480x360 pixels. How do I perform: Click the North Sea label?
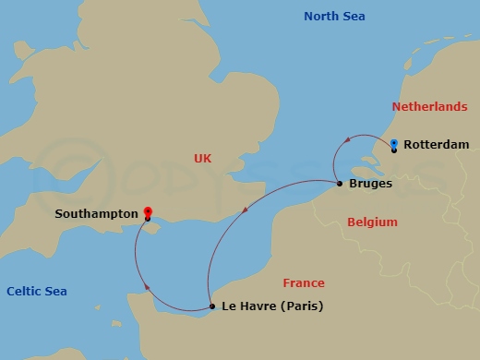(334, 16)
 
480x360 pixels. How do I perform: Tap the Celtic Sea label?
(37, 291)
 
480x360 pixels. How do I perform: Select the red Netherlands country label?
(429, 107)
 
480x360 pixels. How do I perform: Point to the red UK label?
(203, 158)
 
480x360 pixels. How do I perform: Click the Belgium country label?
(372, 222)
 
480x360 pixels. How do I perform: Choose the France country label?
(304, 283)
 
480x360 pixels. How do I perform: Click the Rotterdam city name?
(436, 145)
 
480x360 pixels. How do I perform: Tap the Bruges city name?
(370, 184)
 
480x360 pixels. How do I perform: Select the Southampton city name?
(97, 213)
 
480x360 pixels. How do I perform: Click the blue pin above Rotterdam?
(394, 143)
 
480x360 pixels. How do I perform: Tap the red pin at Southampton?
(148, 211)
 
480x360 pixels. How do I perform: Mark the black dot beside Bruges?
(340, 183)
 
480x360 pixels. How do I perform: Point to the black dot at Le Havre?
(212, 306)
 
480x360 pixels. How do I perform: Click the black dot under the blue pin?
(394, 150)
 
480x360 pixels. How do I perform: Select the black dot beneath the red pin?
(148, 219)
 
